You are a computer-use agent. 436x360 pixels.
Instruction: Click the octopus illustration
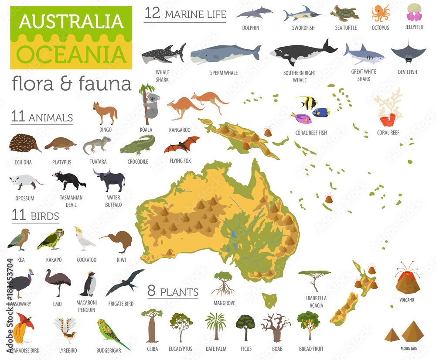coord(380,13)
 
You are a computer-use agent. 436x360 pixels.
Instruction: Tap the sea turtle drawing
coord(344,13)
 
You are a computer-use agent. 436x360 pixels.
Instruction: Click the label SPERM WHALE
coord(224,73)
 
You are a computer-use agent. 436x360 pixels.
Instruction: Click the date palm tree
coord(215,325)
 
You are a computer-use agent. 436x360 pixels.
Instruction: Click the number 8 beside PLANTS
coord(151,291)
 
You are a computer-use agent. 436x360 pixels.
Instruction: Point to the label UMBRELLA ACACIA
coord(316,302)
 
